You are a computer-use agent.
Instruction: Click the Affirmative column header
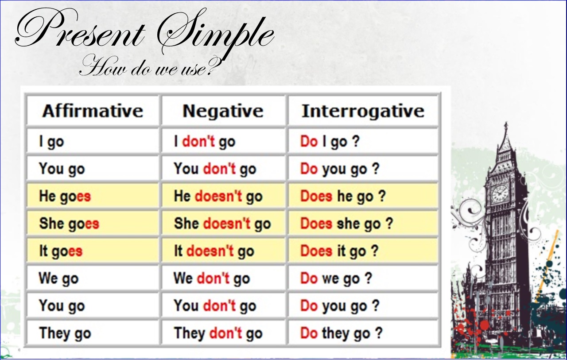click(x=93, y=111)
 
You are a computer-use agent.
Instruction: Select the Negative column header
click(x=223, y=111)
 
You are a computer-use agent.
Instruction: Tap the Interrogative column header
click(x=363, y=111)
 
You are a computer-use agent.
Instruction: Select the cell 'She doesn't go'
click(x=222, y=224)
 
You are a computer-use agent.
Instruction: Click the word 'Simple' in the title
click(x=216, y=33)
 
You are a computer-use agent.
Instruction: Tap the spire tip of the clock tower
click(x=506, y=123)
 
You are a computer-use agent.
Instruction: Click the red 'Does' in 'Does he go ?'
click(x=316, y=196)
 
